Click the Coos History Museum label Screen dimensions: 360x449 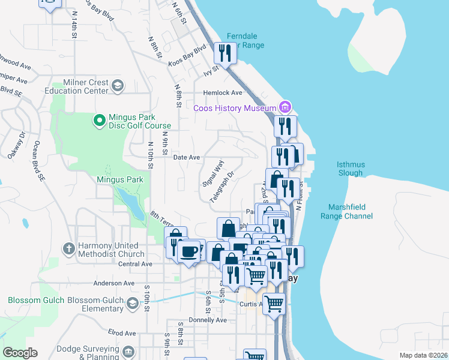(234, 108)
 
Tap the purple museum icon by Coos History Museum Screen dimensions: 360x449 (285, 108)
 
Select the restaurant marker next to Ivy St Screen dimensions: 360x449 (225, 53)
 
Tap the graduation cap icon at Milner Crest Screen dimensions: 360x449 (117, 86)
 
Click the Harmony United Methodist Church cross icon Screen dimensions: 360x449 (69, 248)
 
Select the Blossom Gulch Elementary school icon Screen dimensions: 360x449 (133, 305)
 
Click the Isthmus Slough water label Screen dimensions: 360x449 (351, 169)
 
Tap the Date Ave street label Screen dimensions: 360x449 (186, 157)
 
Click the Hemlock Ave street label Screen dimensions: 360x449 (222, 93)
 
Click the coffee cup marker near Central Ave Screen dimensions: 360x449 (189, 251)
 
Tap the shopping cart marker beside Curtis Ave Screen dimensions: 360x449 (274, 304)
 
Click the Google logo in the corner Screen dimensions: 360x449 (20, 353)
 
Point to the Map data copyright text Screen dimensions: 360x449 (423, 355)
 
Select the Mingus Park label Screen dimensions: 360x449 (120, 179)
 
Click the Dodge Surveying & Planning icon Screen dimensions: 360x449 (128, 351)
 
